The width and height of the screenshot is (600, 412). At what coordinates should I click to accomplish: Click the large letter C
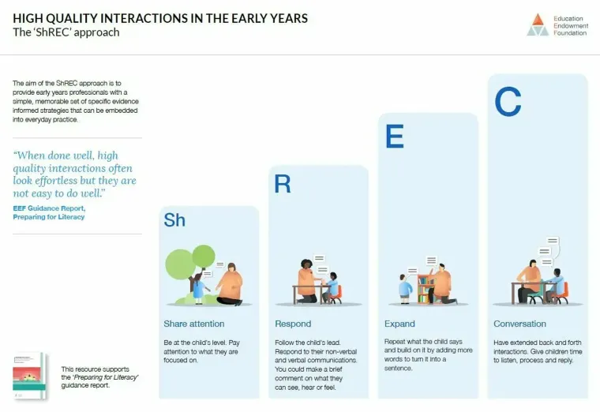tap(508, 102)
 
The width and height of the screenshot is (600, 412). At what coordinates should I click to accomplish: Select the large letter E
tap(394, 137)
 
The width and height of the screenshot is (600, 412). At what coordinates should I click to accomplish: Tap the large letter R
tap(283, 184)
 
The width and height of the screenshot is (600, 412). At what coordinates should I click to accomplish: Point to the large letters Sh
tap(174, 220)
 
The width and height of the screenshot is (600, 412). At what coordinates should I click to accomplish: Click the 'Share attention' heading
tap(194, 324)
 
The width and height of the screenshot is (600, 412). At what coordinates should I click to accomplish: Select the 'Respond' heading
tap(293, 324)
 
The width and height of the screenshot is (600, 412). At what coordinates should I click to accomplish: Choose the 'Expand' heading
tap(399, 324)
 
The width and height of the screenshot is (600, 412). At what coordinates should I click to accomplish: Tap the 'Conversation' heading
tap(519, 324)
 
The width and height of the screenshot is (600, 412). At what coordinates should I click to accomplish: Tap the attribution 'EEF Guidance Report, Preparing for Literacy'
tap(49, 212)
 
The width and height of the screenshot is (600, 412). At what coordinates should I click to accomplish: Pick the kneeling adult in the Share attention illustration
tap(230, 284)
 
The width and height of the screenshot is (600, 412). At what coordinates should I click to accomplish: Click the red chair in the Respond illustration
tap(336, 294)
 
